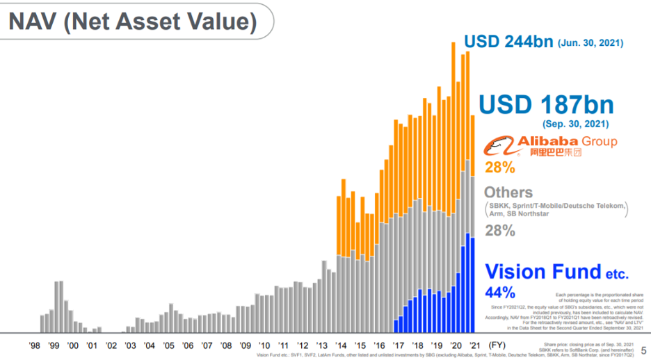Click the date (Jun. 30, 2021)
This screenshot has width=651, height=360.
coord(590,43)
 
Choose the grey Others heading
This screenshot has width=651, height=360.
coord(508,193)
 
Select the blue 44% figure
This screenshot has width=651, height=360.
coord(500,292)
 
